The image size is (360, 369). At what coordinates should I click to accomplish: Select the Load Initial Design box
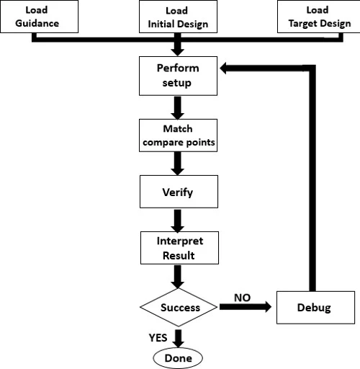pos(177,16)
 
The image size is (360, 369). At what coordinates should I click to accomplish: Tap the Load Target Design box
pos(317,16)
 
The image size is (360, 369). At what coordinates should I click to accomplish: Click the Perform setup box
pos(177,76)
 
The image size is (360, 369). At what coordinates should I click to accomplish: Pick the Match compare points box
pos(177,135)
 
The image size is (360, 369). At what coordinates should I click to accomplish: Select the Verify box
pos(177,192)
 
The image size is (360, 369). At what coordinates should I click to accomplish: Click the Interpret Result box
pos(177,247)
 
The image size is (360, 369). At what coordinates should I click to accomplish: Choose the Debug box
pos(313,308)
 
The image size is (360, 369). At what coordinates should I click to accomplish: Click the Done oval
pos(177,357)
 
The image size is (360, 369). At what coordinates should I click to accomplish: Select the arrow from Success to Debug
pos(245,308)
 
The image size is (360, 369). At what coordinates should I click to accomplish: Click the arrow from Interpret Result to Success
pos(177,277)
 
